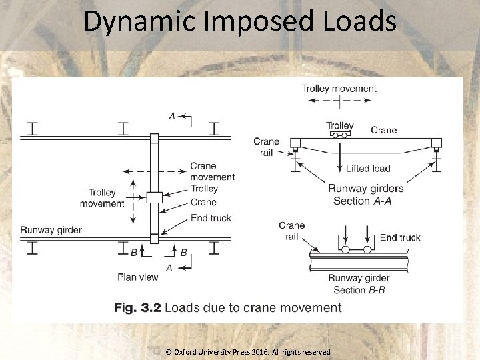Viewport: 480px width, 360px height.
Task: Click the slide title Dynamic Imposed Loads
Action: coord(240,21)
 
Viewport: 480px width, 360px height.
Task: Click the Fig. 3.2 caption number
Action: coord(137,307)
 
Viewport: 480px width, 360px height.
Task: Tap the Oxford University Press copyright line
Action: coord(248,351)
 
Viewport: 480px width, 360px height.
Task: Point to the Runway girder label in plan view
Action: coord(51,230)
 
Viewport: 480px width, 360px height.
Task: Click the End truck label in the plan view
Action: coord(211,218)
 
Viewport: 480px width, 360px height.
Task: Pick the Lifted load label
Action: coord(368,169)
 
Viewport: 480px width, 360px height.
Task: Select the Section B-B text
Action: coord(359,290)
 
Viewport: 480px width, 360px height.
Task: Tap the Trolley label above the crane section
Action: coord(340,125)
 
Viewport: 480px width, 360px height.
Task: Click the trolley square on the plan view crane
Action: coord(155,197)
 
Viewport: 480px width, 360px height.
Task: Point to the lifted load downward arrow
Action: coord(340,157)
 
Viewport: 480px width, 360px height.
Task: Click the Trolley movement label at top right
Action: coord(339,88)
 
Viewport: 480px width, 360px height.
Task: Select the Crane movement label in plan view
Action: coord(212,171)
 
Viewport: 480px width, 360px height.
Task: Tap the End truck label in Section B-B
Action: coord(400,237)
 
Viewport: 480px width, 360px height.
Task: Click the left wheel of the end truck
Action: coord(345,250)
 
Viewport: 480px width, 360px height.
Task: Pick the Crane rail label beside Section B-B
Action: coord(292,231)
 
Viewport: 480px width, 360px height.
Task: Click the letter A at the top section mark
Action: coord(172,116)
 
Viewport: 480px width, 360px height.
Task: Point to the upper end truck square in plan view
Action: coord(155,138)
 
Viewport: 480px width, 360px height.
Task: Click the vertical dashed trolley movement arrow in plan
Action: coord(133,199)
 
